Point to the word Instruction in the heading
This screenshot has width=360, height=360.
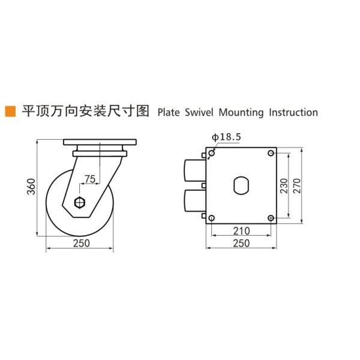(x=293, y=112)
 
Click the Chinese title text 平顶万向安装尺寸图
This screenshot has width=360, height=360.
(x=84, y=112)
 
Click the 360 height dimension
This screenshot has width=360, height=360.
(x=31, y=187)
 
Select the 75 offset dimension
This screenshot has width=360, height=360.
(x=89, y=178)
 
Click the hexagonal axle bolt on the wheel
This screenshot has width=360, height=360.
(x=79, y=202)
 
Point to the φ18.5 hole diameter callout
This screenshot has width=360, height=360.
(x=226, y=137)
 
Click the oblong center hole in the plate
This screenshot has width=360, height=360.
(x=241, y=185)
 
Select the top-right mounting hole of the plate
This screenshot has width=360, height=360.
(x=271, y=154)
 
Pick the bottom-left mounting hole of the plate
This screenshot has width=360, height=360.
(x=211, y=217)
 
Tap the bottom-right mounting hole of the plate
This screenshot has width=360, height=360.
(x=271, y=217)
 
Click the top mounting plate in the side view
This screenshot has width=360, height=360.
(x=101, y=144)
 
